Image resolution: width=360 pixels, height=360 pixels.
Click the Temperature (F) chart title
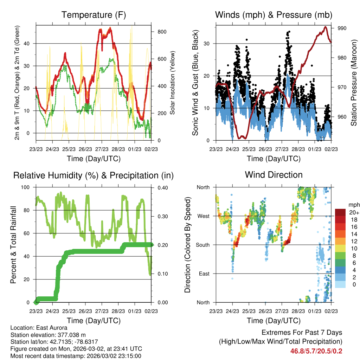click(x=94, y=15)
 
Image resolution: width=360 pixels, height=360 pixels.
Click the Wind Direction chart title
click(x=274, y=175)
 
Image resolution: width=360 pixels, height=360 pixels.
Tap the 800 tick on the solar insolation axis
click(x=162, y=32)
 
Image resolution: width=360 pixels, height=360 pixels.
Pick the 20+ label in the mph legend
click(x=353, y=212)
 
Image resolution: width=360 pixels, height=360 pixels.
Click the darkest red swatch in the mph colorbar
click(x=340, y=212)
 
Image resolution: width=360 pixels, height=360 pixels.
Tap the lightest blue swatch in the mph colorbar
click(x=340, y=284)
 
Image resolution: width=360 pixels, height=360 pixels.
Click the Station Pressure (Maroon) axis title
click(x=354, y=83)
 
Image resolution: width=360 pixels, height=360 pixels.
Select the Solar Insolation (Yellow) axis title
click(x=173, y=83)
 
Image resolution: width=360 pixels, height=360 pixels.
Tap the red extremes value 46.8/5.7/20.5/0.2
click(x=316, y=351)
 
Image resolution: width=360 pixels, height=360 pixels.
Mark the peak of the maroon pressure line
click(x=326, y=27)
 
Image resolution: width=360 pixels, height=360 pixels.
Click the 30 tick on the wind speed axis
click(x=207, y=44)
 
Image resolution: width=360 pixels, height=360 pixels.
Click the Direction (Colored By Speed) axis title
click(x=187, y=245)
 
